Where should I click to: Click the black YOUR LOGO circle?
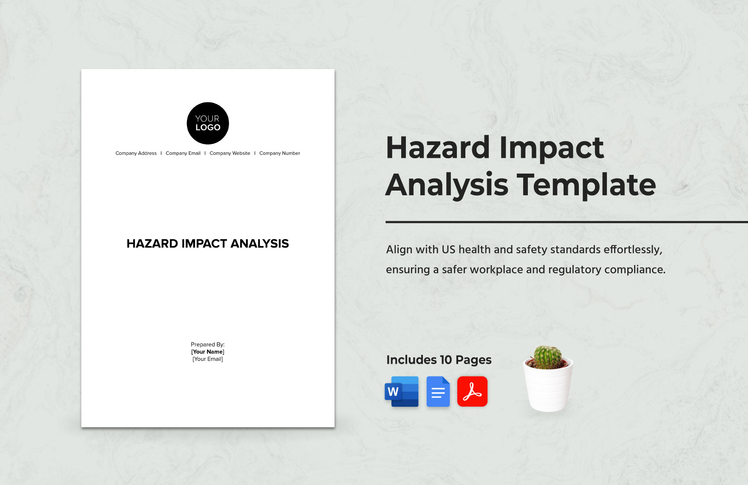(x=208, y=123)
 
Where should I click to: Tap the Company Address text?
(x=136, y=153)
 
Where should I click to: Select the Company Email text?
(x=183, y=153)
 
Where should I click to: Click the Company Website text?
(x=230, y=153)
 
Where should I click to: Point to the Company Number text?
(x=280, y=153)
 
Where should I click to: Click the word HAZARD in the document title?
(x=152, y=244)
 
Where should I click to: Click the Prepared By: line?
(x=208, y=345)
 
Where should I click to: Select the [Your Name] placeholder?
(x=208, y=352)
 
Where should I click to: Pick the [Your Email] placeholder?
(x=208, y=359)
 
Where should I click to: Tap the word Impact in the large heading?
(x=551, y=148)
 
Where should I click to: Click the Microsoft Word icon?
(x=402, y=391)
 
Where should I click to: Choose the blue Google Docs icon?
(x=438, y=391)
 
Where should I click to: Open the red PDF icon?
(x=472, y=391)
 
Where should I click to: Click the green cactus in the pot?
(x=547, y=357)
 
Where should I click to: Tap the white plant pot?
(x=548, y=389)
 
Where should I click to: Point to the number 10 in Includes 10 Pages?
(x=446, y=360)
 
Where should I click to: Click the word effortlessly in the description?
(x=633, y=250)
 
